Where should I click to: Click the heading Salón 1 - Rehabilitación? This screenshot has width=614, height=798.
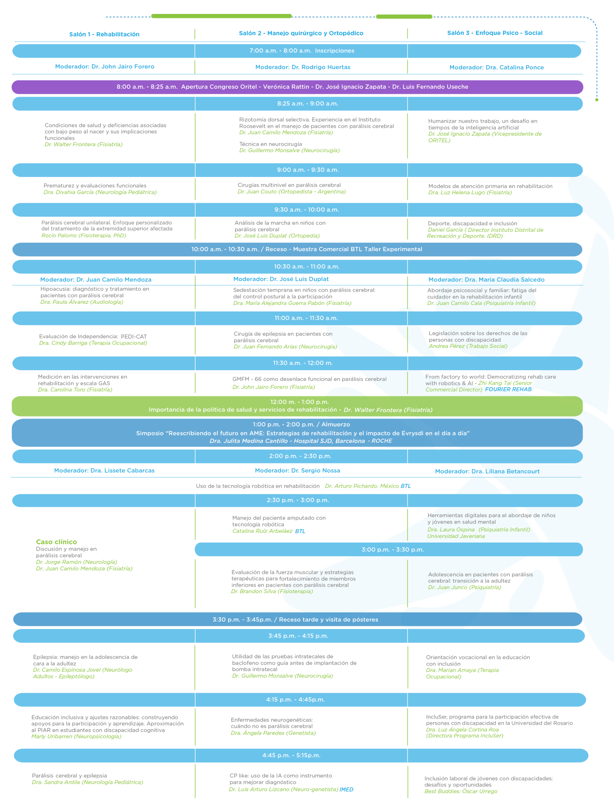point(104,34)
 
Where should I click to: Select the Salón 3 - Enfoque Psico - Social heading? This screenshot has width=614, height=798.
point(495,33)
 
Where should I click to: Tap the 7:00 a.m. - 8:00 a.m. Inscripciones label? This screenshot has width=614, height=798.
point(302,51)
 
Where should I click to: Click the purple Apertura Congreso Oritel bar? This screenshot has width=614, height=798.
point(297,87)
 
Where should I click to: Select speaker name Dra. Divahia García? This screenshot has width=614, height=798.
point(68,192)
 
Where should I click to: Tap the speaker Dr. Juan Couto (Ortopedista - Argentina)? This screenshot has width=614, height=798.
point(292,192)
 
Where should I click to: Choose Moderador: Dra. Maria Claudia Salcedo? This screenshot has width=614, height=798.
point(486,280)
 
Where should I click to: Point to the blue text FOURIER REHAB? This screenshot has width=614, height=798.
point(508,390)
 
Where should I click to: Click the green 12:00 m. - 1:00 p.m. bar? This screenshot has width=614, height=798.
point(297,406)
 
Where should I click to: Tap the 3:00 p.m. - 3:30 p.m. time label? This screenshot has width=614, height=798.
point(393,550)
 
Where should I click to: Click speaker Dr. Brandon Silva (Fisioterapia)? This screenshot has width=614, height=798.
point(272,592)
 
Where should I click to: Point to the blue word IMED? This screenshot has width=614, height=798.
point(346,790)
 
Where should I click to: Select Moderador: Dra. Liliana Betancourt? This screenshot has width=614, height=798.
point(487,471)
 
